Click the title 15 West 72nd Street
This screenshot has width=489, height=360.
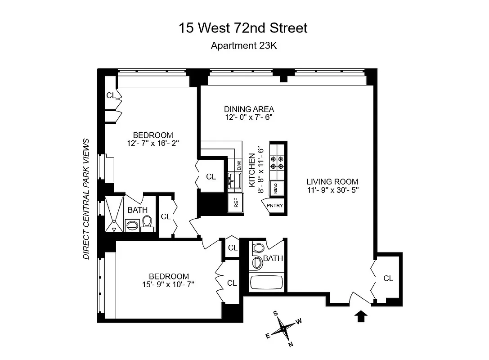(x=243, y=28)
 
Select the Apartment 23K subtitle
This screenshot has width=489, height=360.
(x=243, y=45)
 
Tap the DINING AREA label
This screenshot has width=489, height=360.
(x=249, y=109)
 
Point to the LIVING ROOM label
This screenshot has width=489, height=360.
(x=332, y=182)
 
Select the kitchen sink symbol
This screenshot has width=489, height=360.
(x=235, y=181)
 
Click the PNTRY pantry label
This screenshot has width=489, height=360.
(x=275, y=206)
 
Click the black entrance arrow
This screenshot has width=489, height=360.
(x=361, y=317)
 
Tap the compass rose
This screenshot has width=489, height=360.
(x=284, y=328)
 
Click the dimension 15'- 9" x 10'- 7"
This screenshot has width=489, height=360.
(x=169, y=284)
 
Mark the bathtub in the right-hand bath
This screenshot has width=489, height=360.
(x=266, y=283)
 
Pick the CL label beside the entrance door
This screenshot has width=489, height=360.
(x=388, y=279)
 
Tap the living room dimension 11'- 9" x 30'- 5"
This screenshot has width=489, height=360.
(x=332, y=190)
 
